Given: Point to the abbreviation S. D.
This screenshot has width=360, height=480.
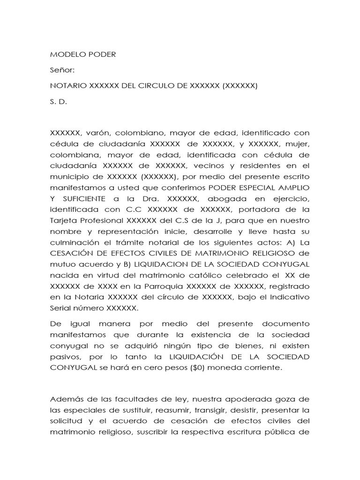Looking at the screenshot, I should point(59,101).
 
